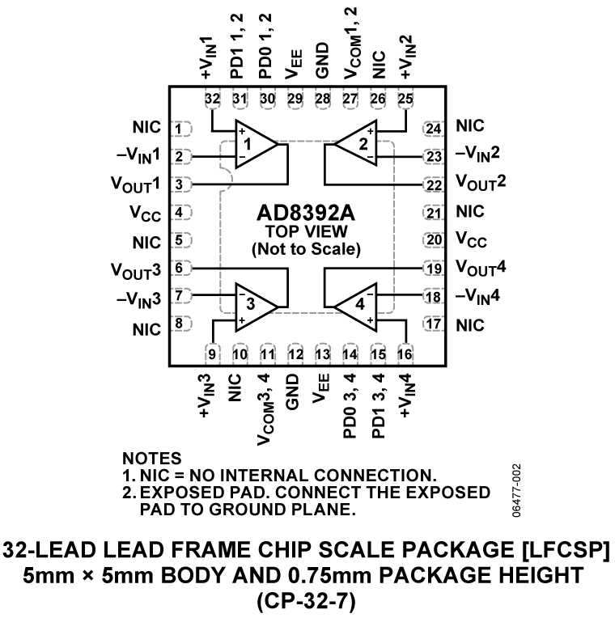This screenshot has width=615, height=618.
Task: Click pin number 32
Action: pos(213,99)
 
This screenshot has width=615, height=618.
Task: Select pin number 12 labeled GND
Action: pos(295,353)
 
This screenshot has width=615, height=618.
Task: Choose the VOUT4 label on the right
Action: pos(481,269)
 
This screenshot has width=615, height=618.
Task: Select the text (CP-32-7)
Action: pos(307,601)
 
